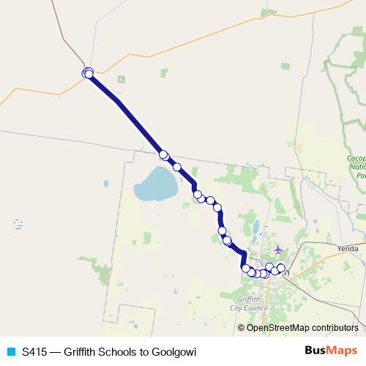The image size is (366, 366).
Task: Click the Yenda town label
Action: coord(348,249)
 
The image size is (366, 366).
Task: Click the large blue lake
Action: coord(156,184)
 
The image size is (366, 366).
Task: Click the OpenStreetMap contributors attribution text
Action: coord(298,327)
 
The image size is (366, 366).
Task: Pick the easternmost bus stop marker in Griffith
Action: coord(281,268)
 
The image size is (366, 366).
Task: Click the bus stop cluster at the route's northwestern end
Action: coord(88,72)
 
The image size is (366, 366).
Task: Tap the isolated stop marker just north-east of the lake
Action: coord(176,167)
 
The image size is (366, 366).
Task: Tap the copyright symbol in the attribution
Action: coord(242,327)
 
